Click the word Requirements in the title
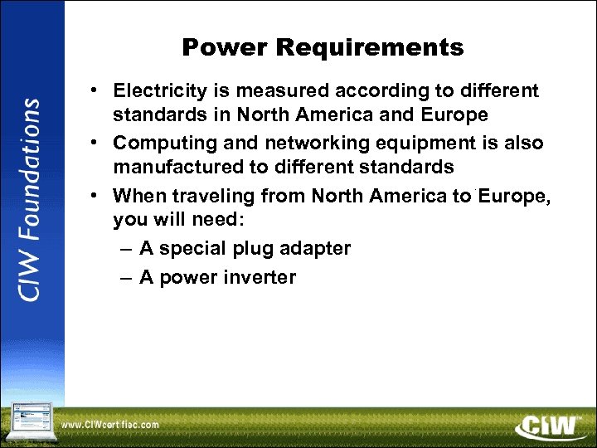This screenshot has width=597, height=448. [x=371, y=48]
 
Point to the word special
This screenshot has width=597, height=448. [x=196, y=248]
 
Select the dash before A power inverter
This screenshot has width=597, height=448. [x=124, y=277]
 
